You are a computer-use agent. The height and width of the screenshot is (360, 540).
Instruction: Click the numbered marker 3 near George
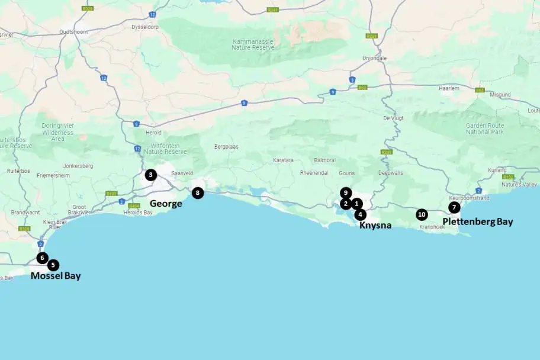[x=151, y=175]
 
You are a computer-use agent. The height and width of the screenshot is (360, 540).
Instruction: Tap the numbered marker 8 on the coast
[x=198, y=192]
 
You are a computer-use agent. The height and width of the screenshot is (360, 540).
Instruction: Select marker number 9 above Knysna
[x=346, y=192]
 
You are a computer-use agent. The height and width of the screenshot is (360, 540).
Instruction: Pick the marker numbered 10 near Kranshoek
[x=421, y=214]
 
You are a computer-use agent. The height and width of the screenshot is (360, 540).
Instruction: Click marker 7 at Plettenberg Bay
[x=454, y=207]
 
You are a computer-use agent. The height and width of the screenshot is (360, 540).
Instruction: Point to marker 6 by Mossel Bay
[x=42, y=258]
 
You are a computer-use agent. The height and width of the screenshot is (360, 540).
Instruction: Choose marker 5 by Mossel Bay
[x=53, y=265]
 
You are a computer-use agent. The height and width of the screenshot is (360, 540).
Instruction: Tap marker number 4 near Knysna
[x=360, y=214]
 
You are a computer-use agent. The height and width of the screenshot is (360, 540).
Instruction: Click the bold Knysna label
[x=375, y=225]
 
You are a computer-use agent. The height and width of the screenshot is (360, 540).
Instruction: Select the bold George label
[x=166, y=204]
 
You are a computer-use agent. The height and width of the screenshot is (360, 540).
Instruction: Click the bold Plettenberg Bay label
[x=478, y=222]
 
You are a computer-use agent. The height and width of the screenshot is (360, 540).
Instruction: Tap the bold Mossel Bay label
[x=56, y=276]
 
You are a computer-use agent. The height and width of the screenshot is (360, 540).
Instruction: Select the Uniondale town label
[x=374, y=58]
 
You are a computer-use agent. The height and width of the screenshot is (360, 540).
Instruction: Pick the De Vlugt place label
[x=393, y=118]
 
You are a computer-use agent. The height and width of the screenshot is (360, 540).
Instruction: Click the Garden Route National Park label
[x=486, y=128]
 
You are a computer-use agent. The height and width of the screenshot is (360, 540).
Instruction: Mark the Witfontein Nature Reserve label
[x=165, y=149]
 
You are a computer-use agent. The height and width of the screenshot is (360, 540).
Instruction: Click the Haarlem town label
[x=449, y=88]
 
